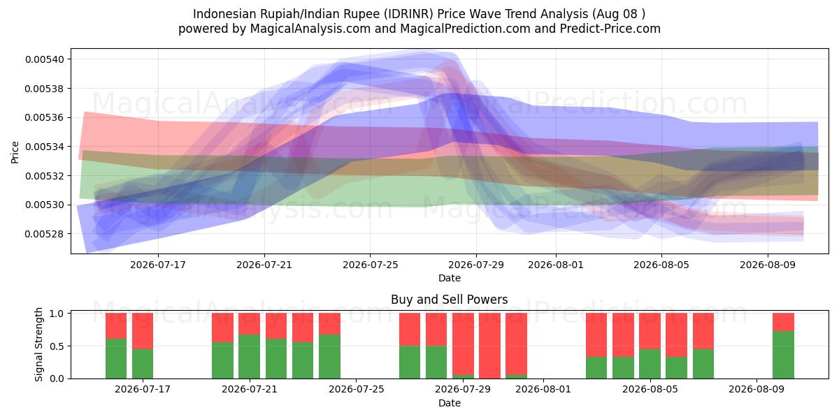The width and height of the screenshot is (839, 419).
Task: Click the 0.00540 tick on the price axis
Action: [45, 59]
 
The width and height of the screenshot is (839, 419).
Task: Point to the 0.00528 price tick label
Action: [45, 234]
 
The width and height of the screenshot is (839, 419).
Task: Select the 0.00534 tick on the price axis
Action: [45, 147]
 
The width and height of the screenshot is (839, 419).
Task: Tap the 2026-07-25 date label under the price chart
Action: [370, 265]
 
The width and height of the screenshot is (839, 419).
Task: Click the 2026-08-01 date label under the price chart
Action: [555, 265]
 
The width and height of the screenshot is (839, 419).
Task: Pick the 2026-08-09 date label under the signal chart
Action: [756, 389]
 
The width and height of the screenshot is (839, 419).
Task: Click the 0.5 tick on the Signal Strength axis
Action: [57, 346]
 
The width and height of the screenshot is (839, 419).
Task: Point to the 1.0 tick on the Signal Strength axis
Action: [57, 314]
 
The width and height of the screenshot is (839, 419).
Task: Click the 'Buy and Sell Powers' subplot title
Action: [449, 300]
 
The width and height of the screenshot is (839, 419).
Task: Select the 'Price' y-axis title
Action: [15, 152]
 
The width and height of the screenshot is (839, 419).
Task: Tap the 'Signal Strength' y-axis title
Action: [38, 344]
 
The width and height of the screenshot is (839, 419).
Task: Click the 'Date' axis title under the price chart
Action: [449, 278]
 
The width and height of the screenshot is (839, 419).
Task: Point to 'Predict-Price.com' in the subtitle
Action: [610, 29]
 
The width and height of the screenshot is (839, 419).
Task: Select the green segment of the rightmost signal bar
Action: [783, 355]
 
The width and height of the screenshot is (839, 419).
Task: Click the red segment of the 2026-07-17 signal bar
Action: [143, 331]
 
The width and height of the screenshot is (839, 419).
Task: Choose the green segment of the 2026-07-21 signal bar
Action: [250, 357]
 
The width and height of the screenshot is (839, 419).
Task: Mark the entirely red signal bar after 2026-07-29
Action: [489, 346]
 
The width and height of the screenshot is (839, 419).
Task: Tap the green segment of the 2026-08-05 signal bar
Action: [650, 364]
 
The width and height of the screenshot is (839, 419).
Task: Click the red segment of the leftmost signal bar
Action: [116, 326]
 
